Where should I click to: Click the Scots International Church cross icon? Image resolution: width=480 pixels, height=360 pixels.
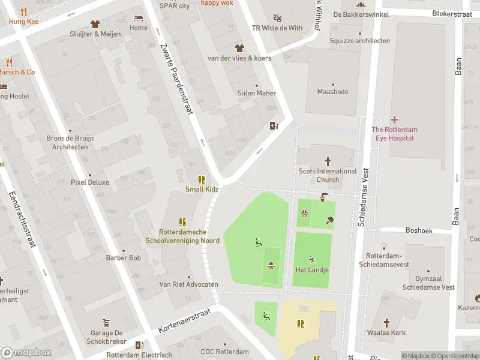pos(328,161)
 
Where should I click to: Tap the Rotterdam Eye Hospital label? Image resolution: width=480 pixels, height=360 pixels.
pos(394,134)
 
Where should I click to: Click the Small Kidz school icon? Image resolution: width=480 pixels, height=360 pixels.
pos(202,179)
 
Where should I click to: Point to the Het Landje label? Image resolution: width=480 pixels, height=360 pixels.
pos(312,269)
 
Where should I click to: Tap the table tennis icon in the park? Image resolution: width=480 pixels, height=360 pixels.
pos(330,220)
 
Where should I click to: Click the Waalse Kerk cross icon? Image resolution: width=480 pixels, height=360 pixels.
pos(386,322)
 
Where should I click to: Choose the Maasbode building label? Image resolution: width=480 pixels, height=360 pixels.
pos(332,92)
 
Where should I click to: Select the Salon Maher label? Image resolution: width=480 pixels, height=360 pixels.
pos(257,93)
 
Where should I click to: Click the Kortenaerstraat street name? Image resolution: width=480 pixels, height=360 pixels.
pos(185,322)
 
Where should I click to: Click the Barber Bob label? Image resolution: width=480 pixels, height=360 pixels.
pos(123,258)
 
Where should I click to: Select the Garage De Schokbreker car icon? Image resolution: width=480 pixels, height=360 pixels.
pos(106,322)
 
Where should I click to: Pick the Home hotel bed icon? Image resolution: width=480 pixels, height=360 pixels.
pos(139,18)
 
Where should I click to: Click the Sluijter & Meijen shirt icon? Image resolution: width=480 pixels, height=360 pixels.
pos(95,24)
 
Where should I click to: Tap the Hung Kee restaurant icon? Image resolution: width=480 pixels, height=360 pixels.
pos(24,11)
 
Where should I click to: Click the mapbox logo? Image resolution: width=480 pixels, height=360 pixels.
pos(26,352)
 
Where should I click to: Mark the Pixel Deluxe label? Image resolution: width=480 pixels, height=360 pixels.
pos(90,182)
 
